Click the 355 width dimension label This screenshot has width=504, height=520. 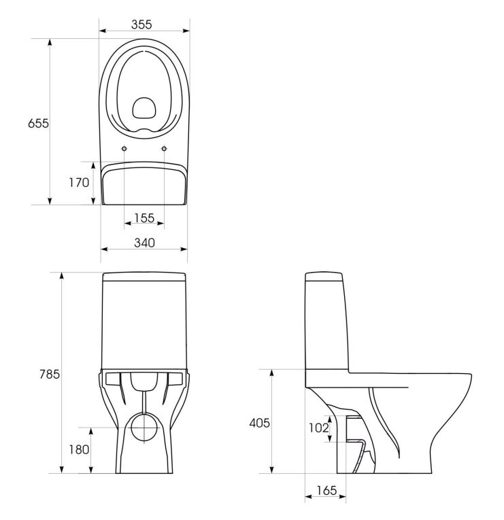pos(141,24)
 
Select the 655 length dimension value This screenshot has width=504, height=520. pos(38,123)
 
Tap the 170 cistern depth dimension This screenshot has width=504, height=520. pos(79,182)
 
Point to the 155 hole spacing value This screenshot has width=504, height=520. pos(144,218)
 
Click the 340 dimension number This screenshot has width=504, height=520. pos(144,243)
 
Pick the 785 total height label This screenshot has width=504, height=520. pos(50,374)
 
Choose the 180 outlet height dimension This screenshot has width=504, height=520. pos(79,450)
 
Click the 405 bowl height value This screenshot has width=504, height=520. pos(259,423)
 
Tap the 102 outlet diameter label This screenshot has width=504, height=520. pos(318,428)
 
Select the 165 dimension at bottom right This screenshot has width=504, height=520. pos(326,490)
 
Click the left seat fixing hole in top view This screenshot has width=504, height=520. pos(124,149)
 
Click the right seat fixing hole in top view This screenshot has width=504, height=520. pos(164,149)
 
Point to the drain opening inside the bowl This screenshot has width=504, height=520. pos(144,108)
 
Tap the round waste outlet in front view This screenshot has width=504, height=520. pos(144,428)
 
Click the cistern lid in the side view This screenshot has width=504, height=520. pos(324,276)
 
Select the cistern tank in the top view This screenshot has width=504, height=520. pos(144,184)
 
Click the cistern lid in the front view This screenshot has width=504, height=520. pos(144,277)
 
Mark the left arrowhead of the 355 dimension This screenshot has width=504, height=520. pos(103,31)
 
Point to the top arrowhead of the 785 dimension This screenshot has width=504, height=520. pos(61,276)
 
